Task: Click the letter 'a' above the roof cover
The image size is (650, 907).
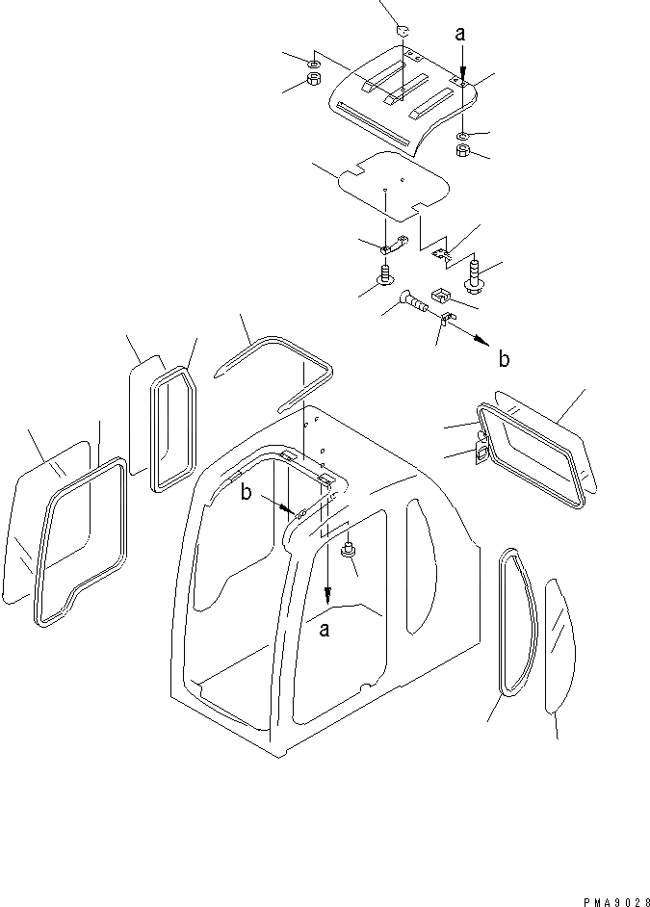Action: click(x=460, y=34)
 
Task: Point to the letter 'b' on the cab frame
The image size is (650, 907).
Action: click(x=247, y=493)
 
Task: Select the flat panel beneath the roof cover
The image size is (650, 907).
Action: click(x=395, y=183)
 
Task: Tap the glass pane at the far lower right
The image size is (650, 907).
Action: click(x=557, y=645)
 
